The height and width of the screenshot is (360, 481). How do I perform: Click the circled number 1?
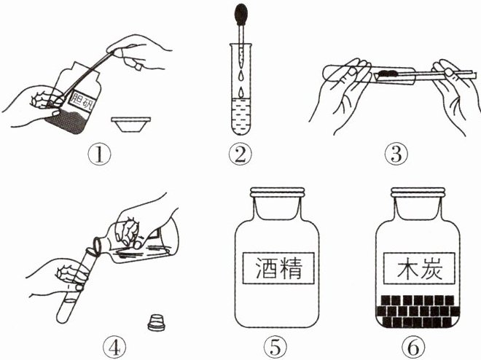(x=99, y=154)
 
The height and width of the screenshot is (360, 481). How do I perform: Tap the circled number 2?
(x=240, y=154)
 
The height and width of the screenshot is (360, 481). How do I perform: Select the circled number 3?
(x=396, y=154)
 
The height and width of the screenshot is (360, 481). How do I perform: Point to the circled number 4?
(x=114, y=348)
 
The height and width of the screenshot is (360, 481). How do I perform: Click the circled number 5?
(x=275, y=348)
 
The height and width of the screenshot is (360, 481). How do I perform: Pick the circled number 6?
(x=414, y=348)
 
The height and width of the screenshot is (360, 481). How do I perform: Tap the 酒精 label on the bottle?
(x=278, y=268)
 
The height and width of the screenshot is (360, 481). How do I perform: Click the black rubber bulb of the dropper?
(x=241, y=14)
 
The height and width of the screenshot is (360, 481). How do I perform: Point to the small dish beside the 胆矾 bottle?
(x=131, y=124)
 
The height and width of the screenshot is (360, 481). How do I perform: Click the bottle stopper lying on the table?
(x=156, y=322)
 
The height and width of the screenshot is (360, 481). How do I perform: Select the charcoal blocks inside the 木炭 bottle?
(x=418, y=311)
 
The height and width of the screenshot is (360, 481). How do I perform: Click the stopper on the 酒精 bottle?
(x=278, y=192)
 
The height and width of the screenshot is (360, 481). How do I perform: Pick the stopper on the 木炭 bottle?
(x=418, y=192)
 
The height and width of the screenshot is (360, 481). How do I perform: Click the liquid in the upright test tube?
(x=241, y=117)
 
